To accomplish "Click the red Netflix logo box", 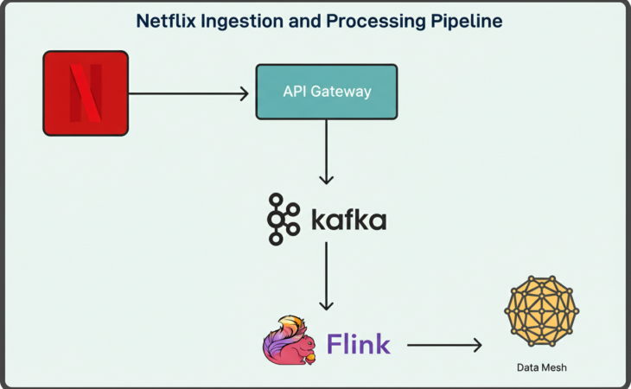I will (86, 92).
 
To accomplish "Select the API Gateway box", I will (327, 92).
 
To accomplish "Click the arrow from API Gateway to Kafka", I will (326, 152).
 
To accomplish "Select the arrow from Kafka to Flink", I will (326, 277).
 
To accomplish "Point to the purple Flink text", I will (358, 344).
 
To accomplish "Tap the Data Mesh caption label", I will (542, 368).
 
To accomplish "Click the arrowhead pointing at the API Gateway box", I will (244, 92).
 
